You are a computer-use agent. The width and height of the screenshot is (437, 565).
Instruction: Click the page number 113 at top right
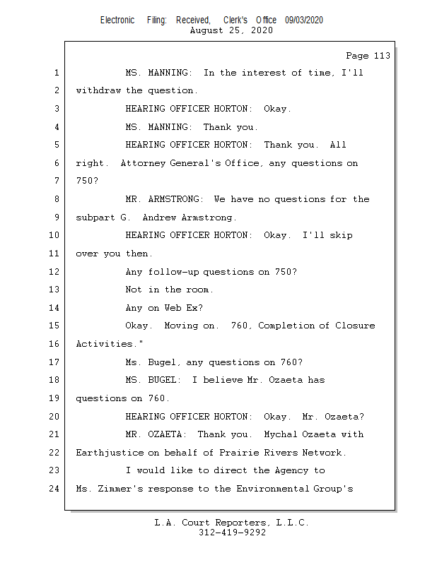pyautogui.click(x=380, y=56)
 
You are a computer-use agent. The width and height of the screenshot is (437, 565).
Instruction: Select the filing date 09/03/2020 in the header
pyautogui.click(x=304, y=20)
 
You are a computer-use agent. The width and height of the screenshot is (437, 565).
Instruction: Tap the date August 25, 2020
pyautogui.click(x=231, y=31)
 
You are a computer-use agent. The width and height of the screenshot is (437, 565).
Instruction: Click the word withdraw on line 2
pyautogui.click(x=98, y=90)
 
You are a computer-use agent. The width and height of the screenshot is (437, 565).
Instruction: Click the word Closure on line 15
pyautogui.click(x=354, y=326)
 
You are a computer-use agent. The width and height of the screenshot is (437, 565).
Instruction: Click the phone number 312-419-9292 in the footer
pyautogui.click(x=232, y=533)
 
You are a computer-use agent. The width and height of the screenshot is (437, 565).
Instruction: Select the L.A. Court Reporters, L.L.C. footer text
pyautogui.click(x=231, y=523)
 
